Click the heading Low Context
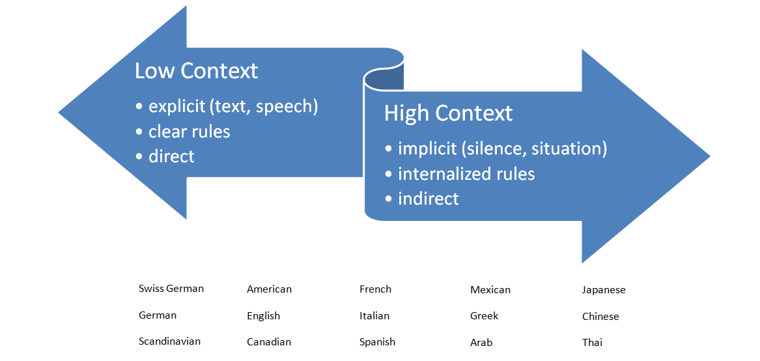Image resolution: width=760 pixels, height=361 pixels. tap(196, 71)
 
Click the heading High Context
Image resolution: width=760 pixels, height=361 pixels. tap(448, 113)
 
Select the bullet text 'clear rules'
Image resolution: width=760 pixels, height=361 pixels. tap(189, 132)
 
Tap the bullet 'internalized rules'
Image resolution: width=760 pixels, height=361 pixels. tap(466, 174)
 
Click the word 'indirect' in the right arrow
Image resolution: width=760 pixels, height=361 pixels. tap(428, 199)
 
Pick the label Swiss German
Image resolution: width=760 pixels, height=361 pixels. tap(171, 288)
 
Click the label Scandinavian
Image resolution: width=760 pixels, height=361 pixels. tap(169, 341)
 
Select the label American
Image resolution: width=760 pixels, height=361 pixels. tap(269, 289)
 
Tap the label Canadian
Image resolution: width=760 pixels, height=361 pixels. tap(269, 341)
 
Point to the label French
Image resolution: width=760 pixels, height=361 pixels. tap(375, 289)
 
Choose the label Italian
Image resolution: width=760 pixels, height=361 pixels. tap(374, 316)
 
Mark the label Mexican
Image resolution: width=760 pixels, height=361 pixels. tap(490, 290)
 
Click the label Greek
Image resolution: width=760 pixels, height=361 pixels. tap(485, 316)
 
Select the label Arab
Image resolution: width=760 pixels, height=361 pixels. tap(481, 343)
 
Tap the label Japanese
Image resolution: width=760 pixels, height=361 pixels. tap(604, 290)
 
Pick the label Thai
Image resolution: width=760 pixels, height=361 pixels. tap(592, 343)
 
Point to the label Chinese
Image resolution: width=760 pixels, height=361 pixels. tap(600, 316)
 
